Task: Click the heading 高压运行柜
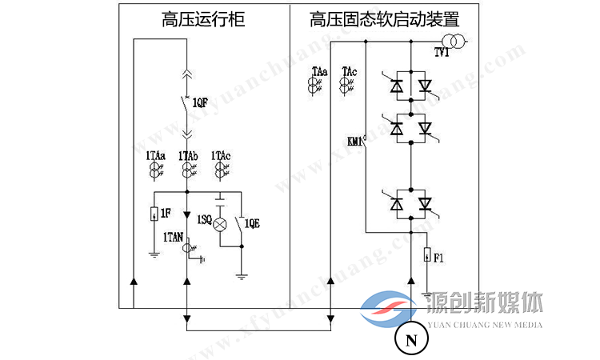[203, 19]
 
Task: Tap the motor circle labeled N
[411, 340]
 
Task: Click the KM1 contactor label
[356, 142]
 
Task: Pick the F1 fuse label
[440, 257]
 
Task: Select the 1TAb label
[188, 154]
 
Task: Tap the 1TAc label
[222, 154]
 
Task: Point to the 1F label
[166, 213]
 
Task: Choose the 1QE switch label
[253, 222]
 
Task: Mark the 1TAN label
[174, 237]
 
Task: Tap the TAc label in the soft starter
[350, 72]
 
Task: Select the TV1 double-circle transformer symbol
[454, 41]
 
